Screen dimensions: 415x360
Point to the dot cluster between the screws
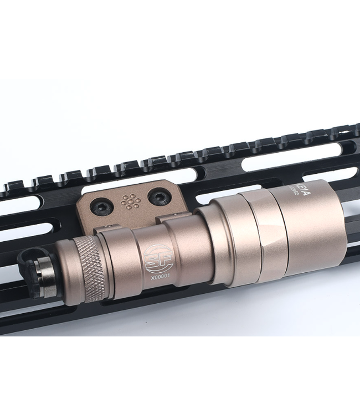click(x=131, y=201)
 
